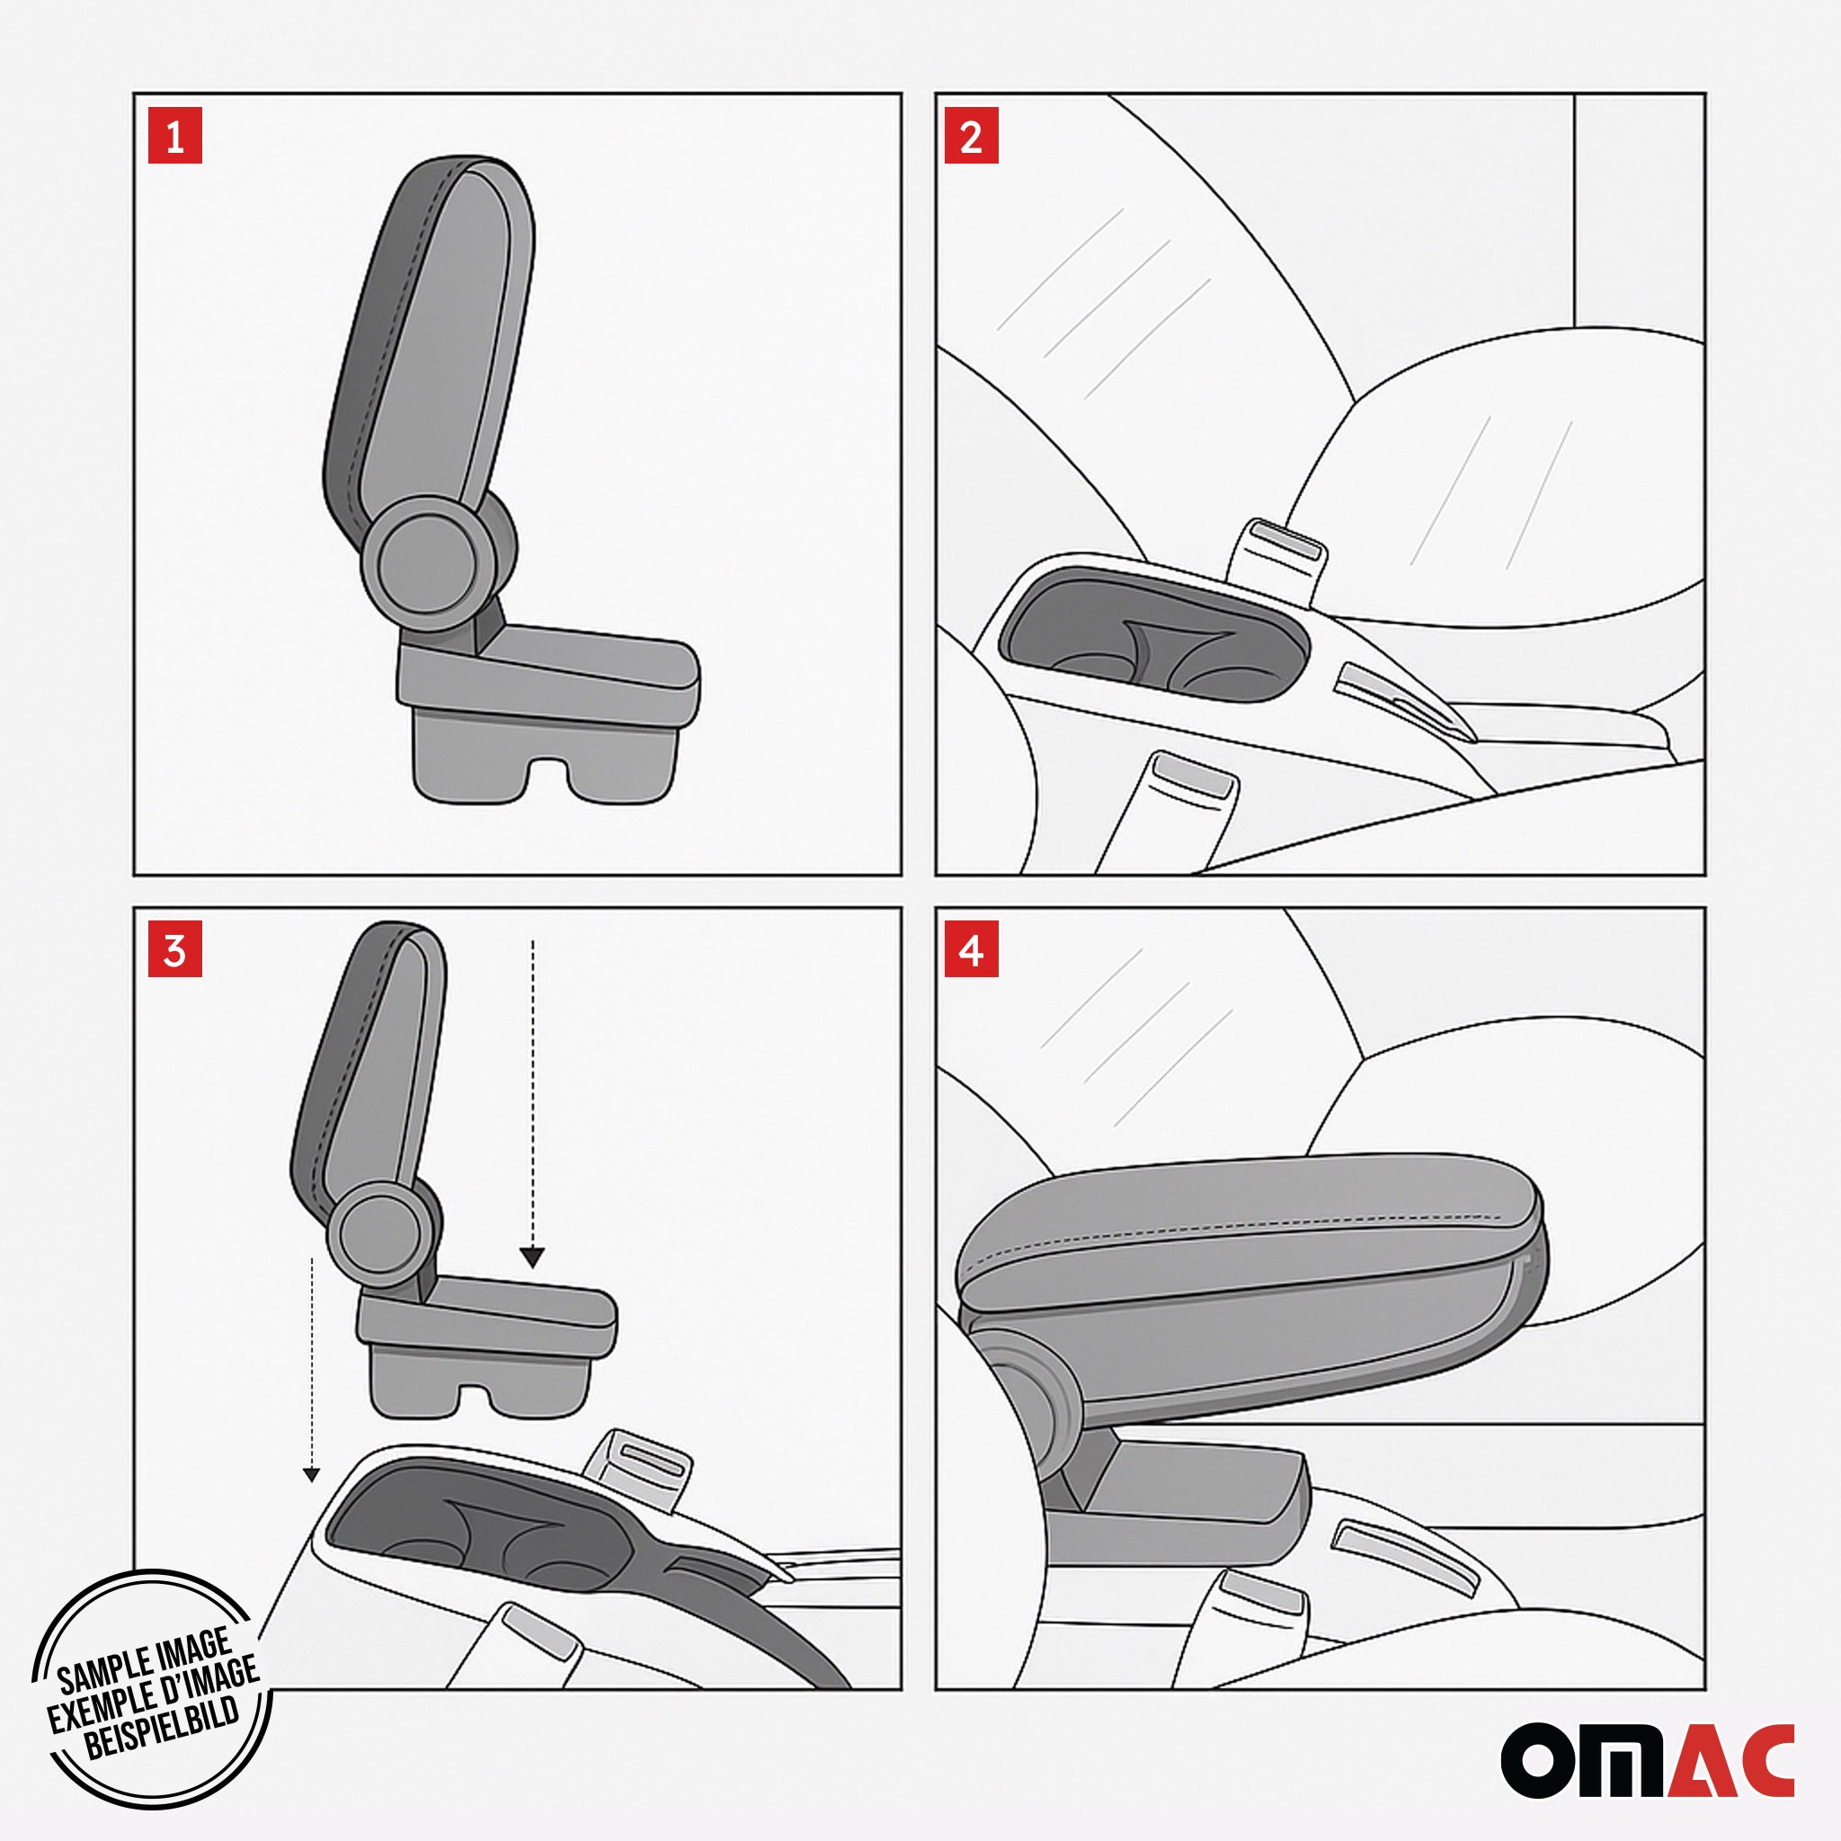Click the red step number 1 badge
click(175, 137)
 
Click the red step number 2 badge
click(971, 137)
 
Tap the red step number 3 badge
click(175, 950)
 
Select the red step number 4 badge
click(971, 950)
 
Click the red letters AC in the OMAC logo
click(1730, 1760)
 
